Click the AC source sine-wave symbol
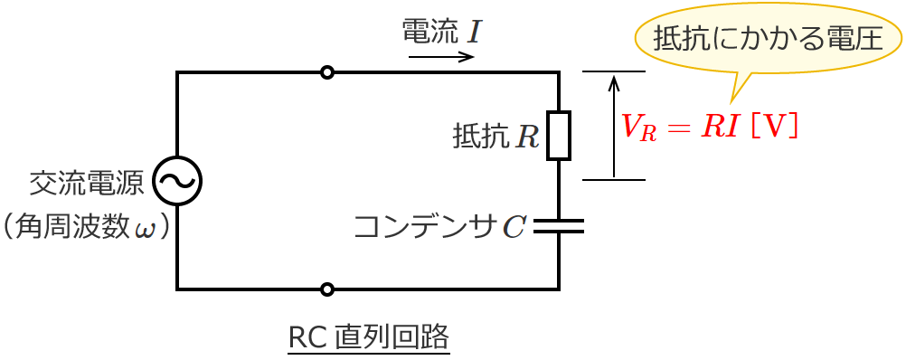[176, 181]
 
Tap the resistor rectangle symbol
[559, 136]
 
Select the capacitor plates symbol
[559, 225]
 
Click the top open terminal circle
[327, 72]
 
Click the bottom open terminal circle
[327, 289]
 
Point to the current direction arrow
[441, 57]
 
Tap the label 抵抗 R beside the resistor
[495, 137]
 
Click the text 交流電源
[87, 185]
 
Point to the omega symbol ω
[145, 227]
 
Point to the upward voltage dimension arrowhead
[614, 82]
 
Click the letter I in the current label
[474, 33]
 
